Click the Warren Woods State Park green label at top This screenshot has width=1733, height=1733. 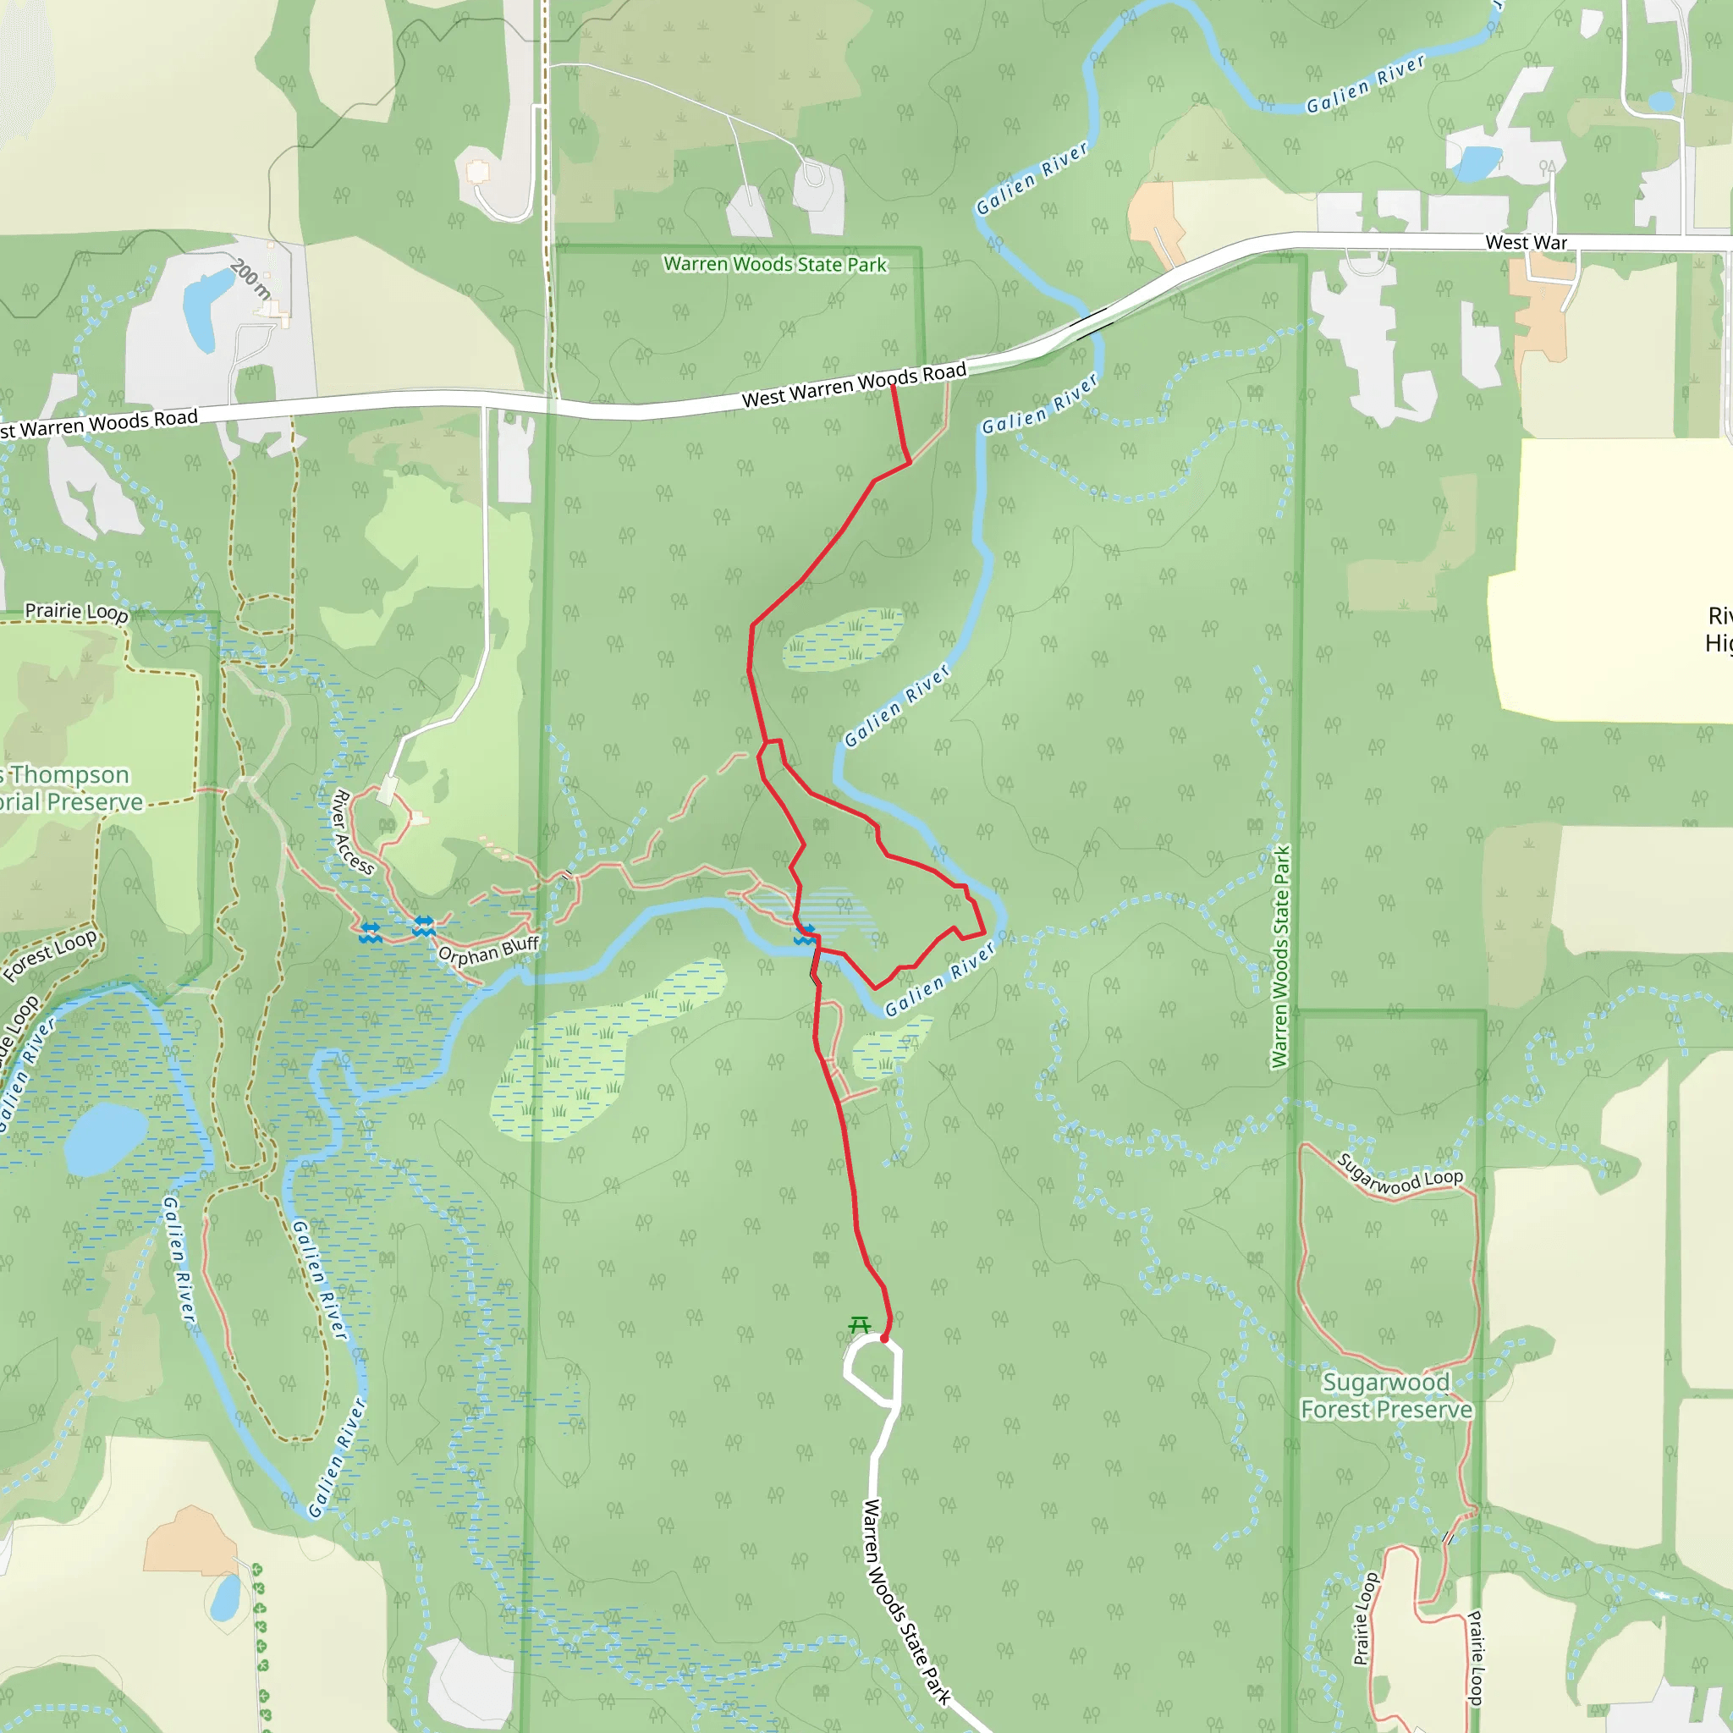point(774,264)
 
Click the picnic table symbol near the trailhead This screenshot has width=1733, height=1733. point(860,1324)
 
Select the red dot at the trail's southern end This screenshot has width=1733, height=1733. point(883,1339)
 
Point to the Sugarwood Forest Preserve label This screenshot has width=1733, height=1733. point(1386,1395)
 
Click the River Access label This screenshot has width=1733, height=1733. point(353,832)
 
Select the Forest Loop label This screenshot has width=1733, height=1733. point(50,955)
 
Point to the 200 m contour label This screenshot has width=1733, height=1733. point(250,279)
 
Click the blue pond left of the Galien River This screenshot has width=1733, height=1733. point(105,1138)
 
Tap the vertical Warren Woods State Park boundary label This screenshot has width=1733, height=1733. point(1280,956)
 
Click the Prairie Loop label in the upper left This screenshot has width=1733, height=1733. point(76,612)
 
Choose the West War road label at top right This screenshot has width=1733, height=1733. point(1526,242)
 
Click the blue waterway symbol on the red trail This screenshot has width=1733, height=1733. point(805,935)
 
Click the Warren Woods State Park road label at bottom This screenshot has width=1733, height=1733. point(906,1600)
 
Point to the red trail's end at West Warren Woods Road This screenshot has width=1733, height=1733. point(893,387)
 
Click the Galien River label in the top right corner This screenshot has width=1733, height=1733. point(1365,85)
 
